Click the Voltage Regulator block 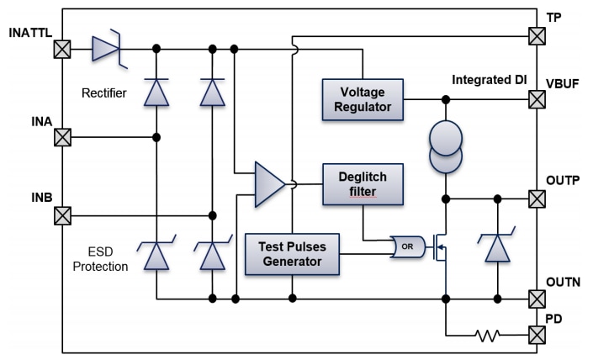(361, 98)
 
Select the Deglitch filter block (362, 183)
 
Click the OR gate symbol (408, 247)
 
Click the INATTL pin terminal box (62, 50)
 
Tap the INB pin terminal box (62, 215)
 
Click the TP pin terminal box (536, 36)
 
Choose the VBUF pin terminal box (536, 100)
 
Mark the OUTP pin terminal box (536, 199)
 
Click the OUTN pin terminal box (536, 299)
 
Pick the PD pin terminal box (536, 334)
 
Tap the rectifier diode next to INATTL (107, 50)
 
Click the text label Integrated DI (489, 80)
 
